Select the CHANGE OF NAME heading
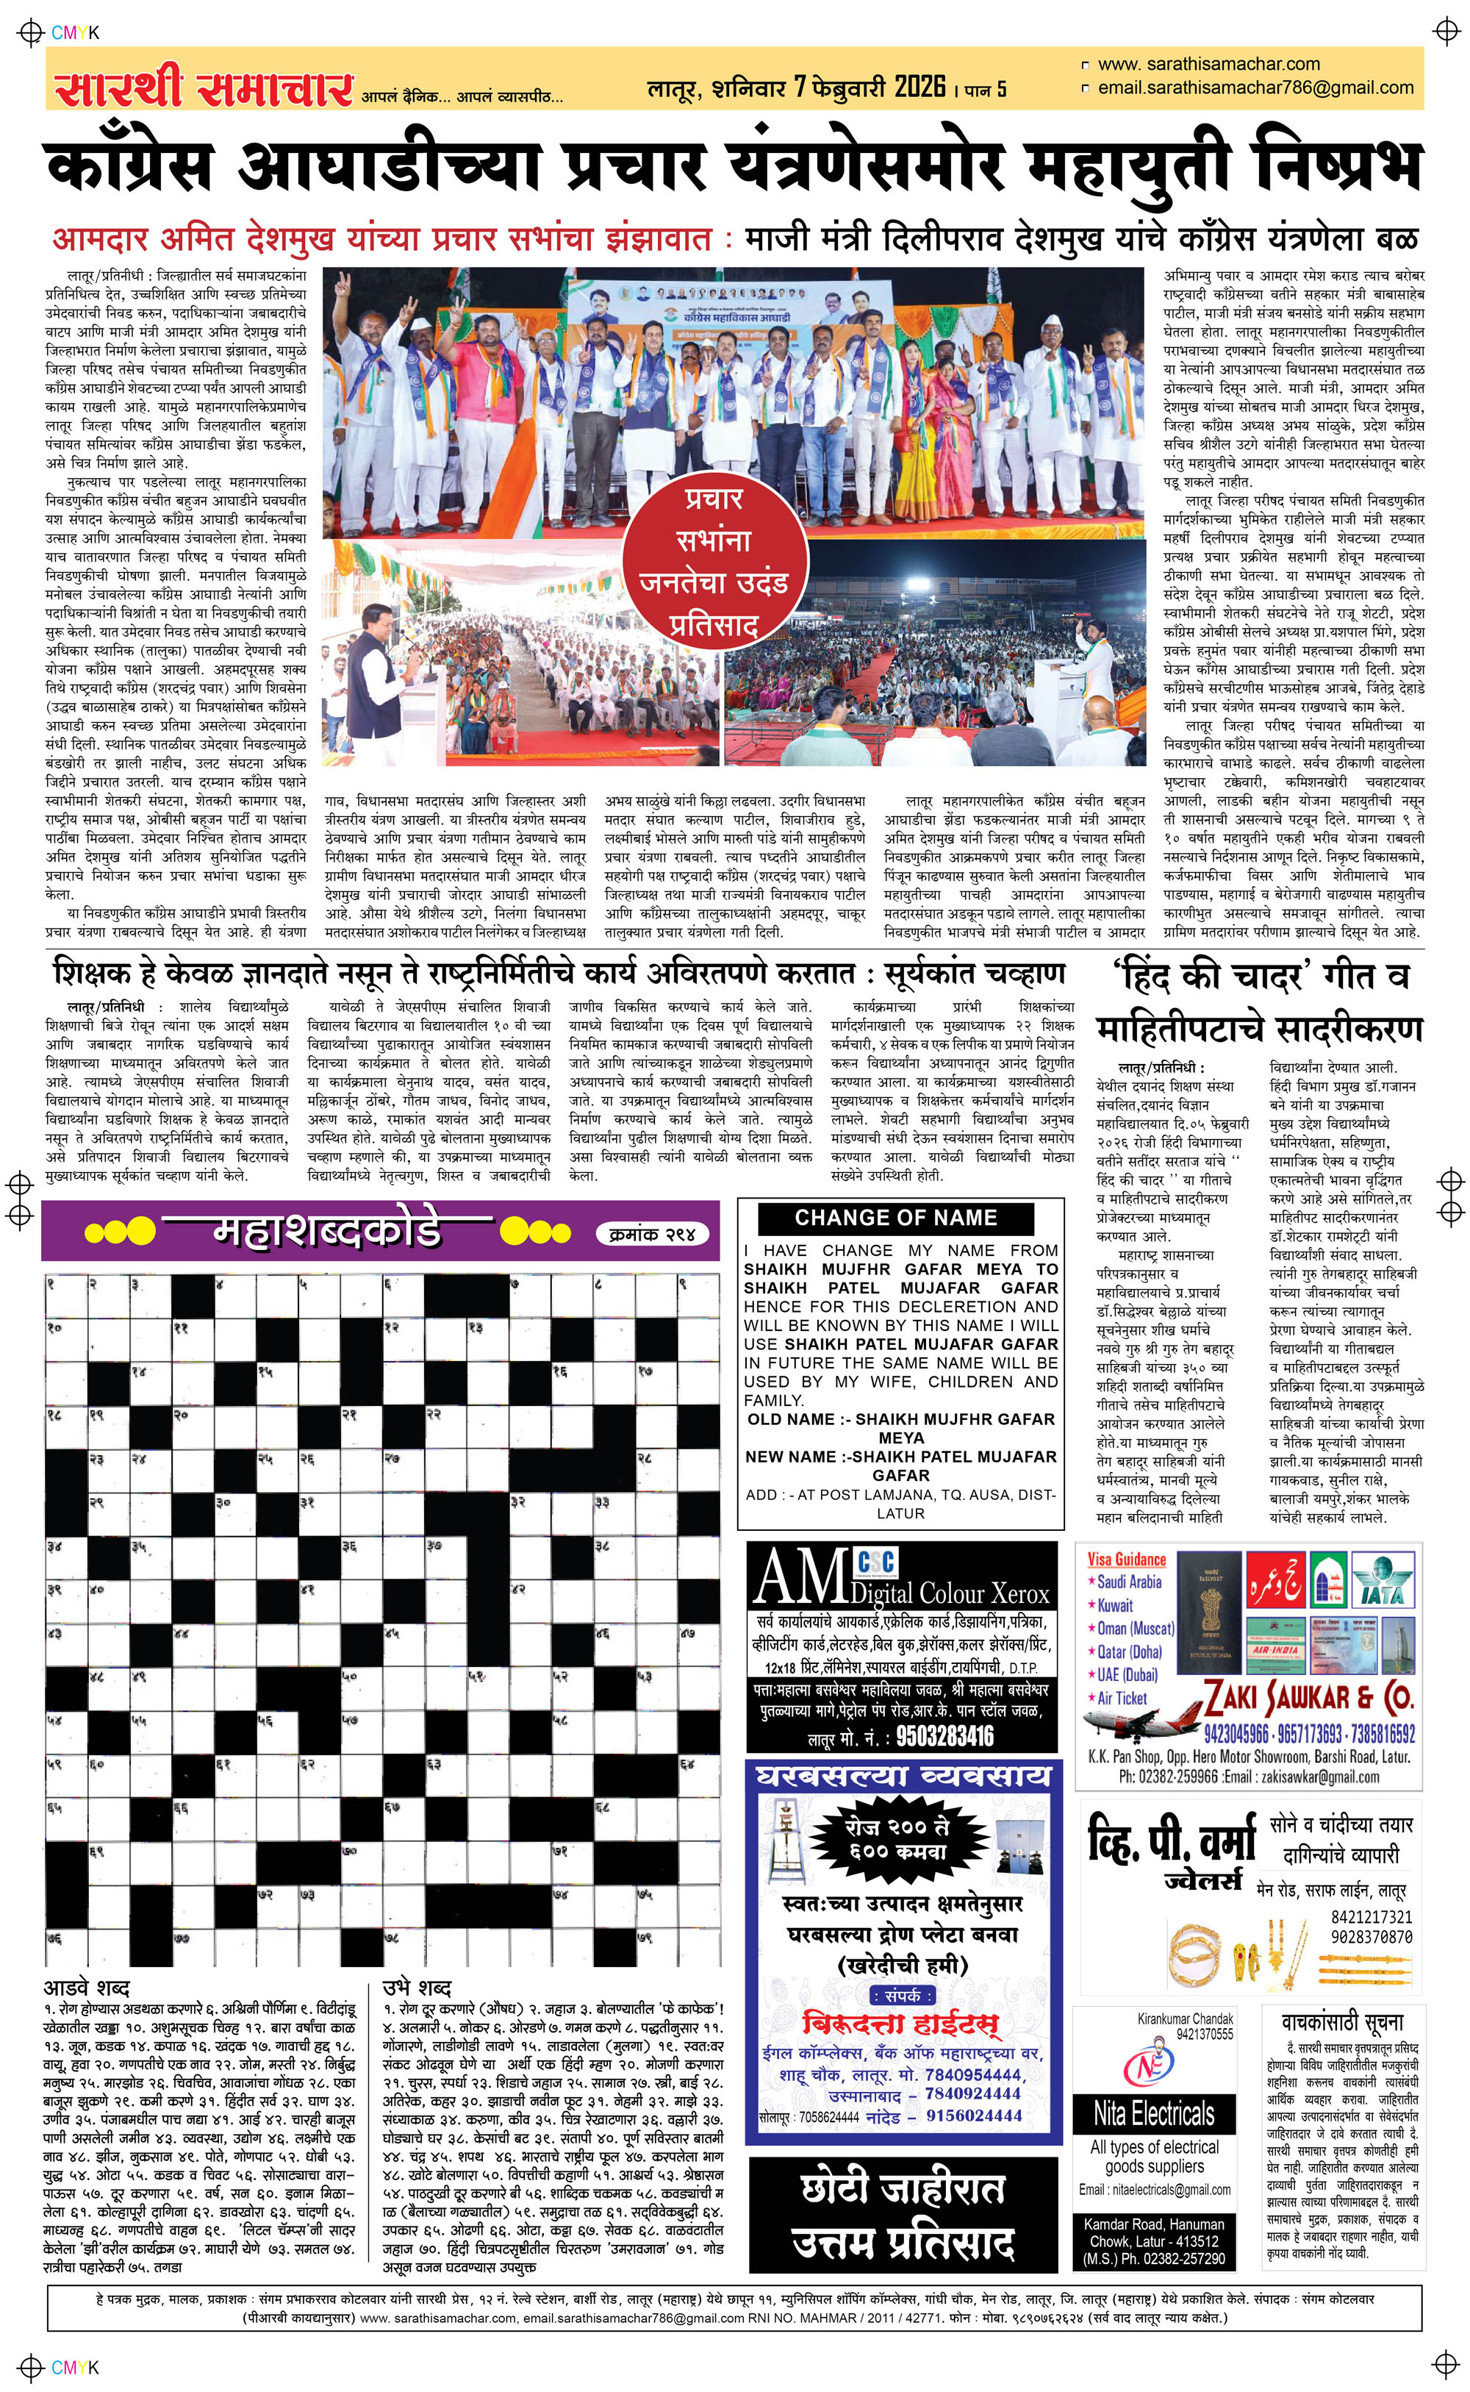pos(895,1218)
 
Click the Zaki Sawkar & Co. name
pos(1308,1699)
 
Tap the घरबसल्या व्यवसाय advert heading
pos(903,1777)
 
